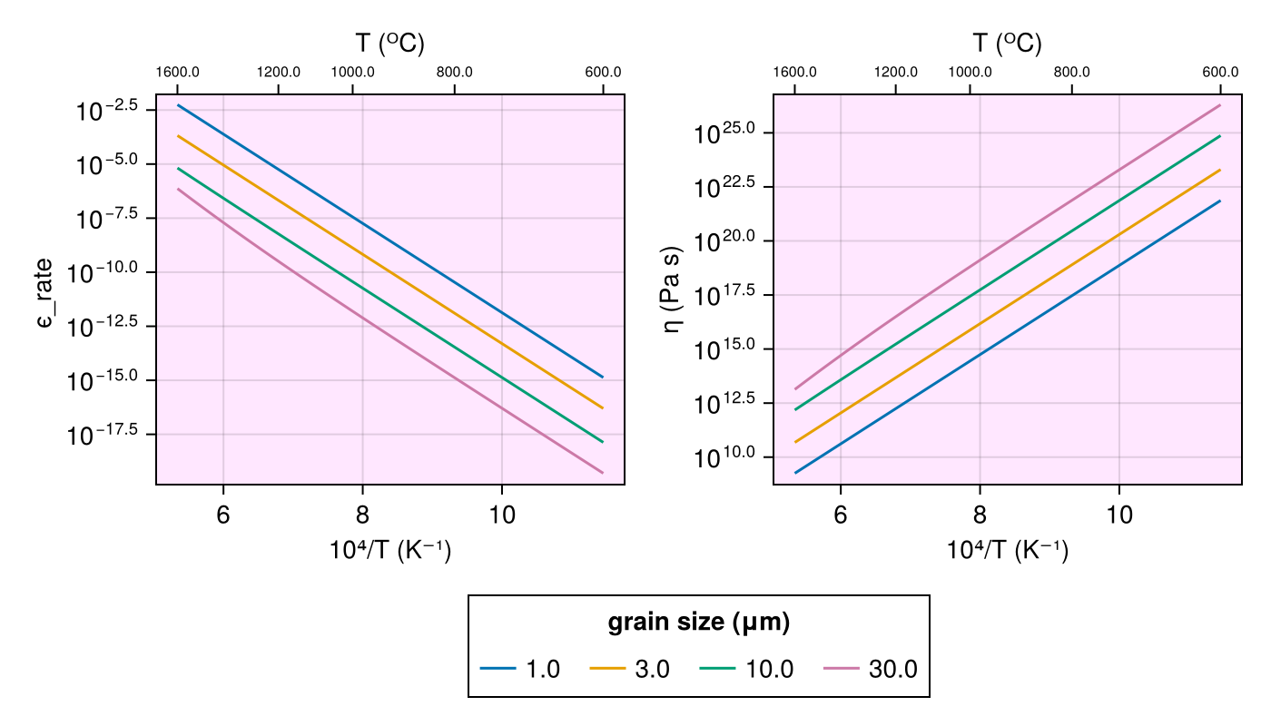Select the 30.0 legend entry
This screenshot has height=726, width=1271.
pos(871,670)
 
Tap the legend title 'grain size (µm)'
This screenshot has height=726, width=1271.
pos(698,623)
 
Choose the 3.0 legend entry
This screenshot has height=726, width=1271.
pos(630,670)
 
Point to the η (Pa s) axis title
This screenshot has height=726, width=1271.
pos(673,289)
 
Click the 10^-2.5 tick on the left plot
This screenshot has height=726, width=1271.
pos(105,110)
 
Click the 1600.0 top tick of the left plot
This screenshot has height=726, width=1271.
pos(178,73)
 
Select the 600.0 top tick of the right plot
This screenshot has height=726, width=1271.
pos(1220,73)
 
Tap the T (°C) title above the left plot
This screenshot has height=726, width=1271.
pos(389,43)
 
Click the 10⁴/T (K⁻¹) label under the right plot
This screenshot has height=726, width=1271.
pos(1007,550)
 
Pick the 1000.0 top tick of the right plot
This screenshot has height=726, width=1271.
pos(970,73)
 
